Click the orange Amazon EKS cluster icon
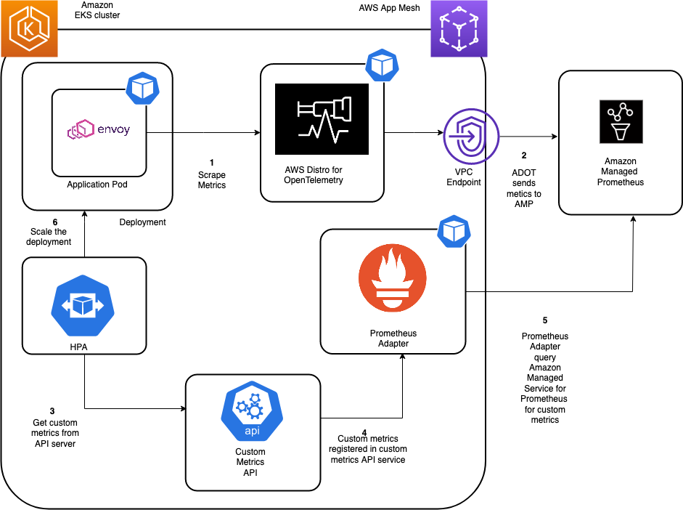pyautogui.click(x=29, y=28)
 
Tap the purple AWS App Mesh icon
pyautogui.click(x=459, y=28)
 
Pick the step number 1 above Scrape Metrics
pyautogui.click(x=211, y=162)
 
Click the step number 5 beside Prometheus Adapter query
pyautogui.click(x=544, y=320)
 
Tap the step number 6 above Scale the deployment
pyautogui.click(x=54, y=222)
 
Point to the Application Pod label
pyautogui.click(x=97, y=185)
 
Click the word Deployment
pyautogui.click(x=142, y=222)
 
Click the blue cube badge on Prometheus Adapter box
pyautogui.click(x=454, y=231)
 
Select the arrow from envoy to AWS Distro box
pyautogui.click(x=203, y=133)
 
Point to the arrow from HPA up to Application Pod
pyautogui.click(x=84, y=232)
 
